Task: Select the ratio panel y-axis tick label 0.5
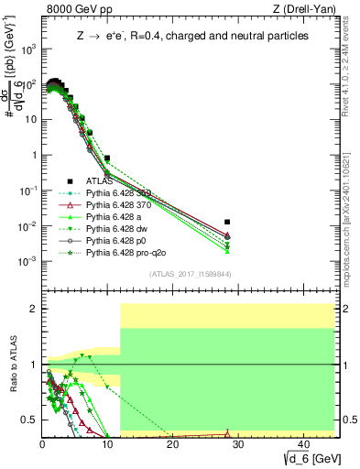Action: tap(28, 420)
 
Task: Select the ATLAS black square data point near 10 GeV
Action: tap(107, 158)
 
